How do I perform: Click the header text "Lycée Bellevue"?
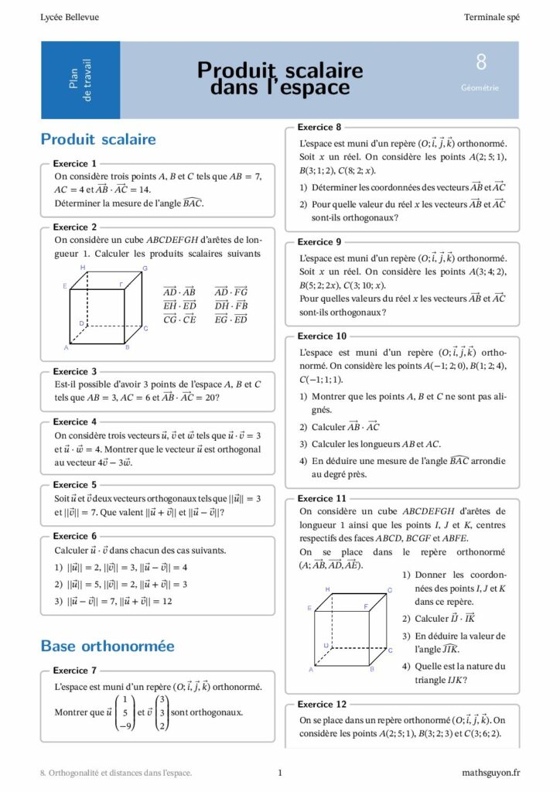pos(70,17)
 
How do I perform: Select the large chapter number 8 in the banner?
pos(481,63)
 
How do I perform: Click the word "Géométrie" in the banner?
pos(480,87)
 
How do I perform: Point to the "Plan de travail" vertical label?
pos(80,80)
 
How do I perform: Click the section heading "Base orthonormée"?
pos(108,646)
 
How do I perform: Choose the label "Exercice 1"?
pos(75,164)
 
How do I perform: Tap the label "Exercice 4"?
pos(75,422)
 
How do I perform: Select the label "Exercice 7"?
pos(75,671)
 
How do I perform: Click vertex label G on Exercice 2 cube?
pos(145,268)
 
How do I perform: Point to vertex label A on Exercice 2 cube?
pos(66,348)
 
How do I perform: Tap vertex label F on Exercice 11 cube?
pos(365,606)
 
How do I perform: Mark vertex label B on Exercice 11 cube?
pos(372,669)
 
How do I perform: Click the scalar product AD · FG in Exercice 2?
pos(231,292)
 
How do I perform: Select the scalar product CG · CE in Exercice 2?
pos(179,319)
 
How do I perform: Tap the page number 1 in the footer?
pos(280,772)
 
